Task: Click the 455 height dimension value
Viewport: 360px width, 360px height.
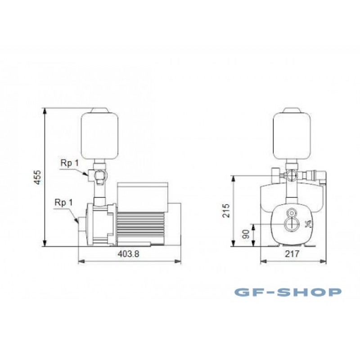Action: [37, 177]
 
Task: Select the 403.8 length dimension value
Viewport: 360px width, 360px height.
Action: [128, 254]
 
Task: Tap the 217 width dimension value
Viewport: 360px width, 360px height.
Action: [292, 254]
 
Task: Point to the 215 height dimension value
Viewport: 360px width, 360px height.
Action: [226, 210]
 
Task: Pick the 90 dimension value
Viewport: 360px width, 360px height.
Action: [246, 234]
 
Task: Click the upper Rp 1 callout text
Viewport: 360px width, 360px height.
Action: [69, 163]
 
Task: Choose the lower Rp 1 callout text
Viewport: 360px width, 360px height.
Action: [63, 202]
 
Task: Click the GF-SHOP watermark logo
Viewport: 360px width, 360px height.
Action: [288, 292]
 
